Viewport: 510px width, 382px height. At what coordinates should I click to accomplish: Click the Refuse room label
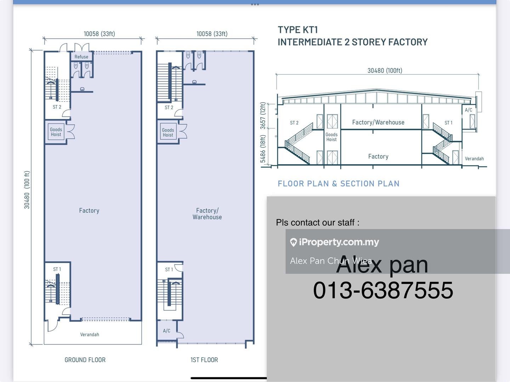(x=81, y=57)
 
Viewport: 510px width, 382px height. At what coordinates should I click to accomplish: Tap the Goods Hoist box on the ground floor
(x=56, y=132)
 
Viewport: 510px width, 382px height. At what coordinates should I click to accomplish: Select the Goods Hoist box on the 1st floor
(x=168, y=132)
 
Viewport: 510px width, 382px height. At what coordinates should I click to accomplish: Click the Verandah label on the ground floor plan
(x=90, y=335)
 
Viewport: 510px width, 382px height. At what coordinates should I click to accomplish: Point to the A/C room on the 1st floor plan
(x=166, y=331)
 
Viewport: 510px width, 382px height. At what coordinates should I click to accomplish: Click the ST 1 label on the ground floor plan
(x=57, y=269)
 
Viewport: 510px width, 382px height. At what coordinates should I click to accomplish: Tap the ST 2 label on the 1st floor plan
(x=169, y=108)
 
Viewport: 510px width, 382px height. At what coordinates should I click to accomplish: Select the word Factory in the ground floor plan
(x=89, y=210)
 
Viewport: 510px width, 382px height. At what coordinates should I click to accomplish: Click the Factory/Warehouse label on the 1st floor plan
(x=207, y=213)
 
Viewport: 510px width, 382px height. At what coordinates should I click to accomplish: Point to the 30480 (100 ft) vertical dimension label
(x=27, y=190)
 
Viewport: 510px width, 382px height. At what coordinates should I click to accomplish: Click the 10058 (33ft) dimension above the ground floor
(x=100, y=34)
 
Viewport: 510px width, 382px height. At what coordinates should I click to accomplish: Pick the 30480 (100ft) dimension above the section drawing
(x=385, y=70)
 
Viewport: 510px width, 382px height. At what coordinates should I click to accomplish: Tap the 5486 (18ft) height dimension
(x=262, y=149)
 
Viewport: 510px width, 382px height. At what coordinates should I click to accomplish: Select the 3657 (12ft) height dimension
(x=262, y=116)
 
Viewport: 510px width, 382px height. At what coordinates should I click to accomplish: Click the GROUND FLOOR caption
(x=85, y=360)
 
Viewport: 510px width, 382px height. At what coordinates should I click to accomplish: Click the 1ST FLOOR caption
(x=204, y=360)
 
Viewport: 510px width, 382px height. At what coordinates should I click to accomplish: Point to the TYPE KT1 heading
(x=298, y=30)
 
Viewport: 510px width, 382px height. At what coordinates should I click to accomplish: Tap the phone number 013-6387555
(x=383, y=290)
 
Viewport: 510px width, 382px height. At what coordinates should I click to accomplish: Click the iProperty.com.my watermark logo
(x=335, y=242)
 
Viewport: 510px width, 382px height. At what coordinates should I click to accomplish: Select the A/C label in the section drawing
(x=469, y=110)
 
